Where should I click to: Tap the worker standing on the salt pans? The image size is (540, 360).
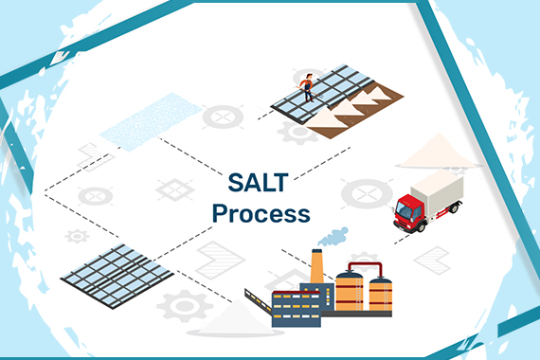[x=307, y=87]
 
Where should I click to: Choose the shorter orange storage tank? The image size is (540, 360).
[x=380, y=295]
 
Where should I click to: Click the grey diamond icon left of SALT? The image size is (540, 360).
[x=175, y=189]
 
